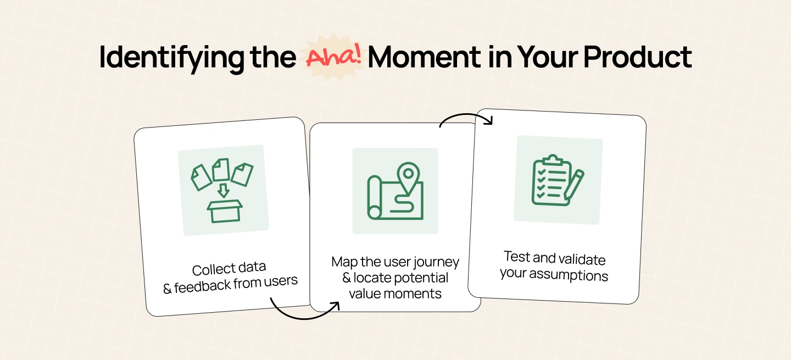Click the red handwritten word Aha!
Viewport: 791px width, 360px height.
(x=334, y=56)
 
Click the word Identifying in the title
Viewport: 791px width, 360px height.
(x=171, y=58)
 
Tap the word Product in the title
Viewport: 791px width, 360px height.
(x=637, y=57)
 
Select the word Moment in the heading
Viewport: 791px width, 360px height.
(x=424, y=57)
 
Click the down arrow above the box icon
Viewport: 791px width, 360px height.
(x=223, y=190)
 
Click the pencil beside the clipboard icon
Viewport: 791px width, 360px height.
(x=573, y=185)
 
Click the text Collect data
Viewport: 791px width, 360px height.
(x=229, y=269)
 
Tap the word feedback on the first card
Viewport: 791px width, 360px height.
(x=202, y=286)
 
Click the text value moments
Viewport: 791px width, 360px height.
(x=395, y=293)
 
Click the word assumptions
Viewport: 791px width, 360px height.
(x=569, y=275)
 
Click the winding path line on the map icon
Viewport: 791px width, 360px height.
(x=402, y=204)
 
